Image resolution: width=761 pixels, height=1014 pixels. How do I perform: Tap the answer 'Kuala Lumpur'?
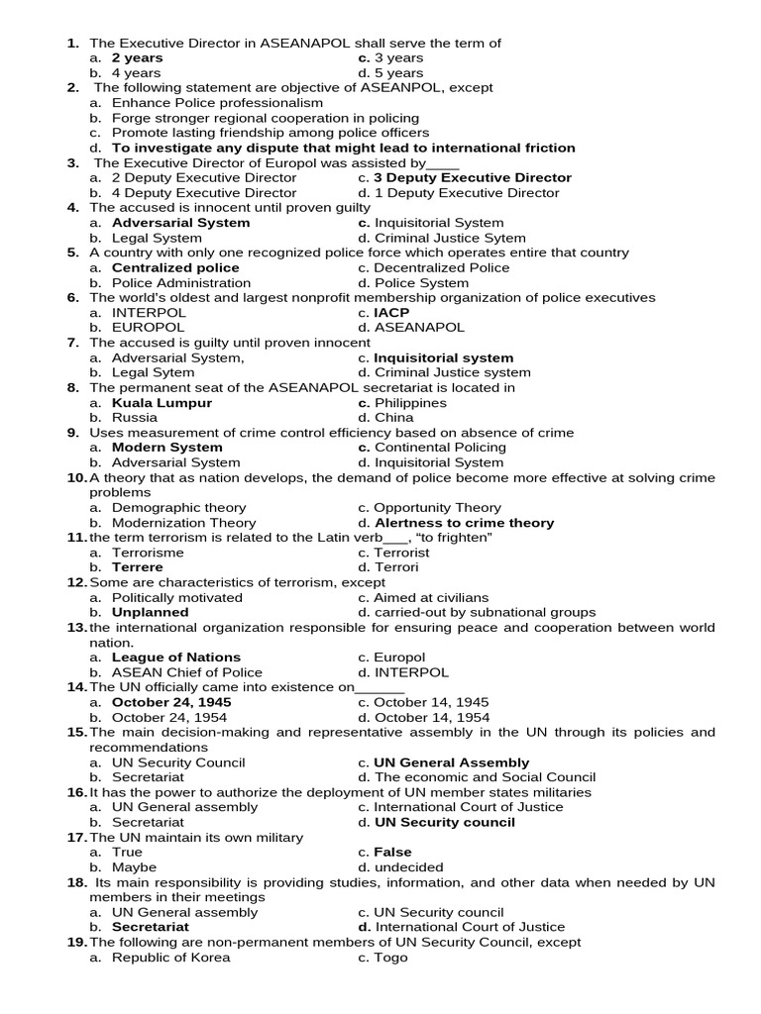click(x=162, y=403)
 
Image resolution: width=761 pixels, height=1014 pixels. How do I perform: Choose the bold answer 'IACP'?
click(x=390, y=313)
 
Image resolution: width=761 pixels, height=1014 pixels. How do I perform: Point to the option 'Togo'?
click(x=390, y=958)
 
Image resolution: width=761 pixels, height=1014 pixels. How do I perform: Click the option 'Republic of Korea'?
click(x=170, y=958)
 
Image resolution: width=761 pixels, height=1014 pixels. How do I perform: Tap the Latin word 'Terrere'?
click(x=138, y=567)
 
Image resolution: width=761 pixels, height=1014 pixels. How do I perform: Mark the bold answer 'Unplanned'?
click(x=150, y=612)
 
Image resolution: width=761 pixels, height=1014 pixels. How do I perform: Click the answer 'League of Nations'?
click(x=175, y=658)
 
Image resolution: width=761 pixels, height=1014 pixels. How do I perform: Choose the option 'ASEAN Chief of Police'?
click(x=187, y=672)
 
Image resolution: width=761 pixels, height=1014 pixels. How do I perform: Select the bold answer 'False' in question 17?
click(x=392, y=852)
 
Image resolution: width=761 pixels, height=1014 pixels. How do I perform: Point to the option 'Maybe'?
click(x=134, y=867)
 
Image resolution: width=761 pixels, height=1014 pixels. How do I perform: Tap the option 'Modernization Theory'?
click(x=183, y=523)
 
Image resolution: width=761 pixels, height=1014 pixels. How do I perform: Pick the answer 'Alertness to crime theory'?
click(x=465, y=523)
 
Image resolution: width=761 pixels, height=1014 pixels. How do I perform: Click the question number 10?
click(x=76, y=478)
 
